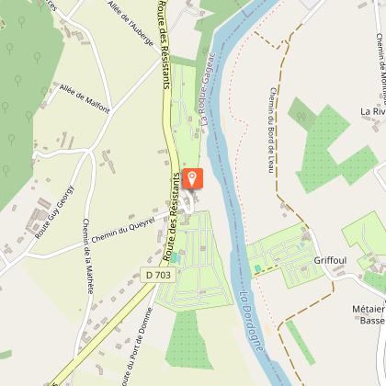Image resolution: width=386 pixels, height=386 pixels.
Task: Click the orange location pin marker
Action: (192, 178)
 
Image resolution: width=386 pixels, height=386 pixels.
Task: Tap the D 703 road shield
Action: (156, 274)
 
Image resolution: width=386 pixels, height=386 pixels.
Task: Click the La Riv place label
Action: (372, 111)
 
